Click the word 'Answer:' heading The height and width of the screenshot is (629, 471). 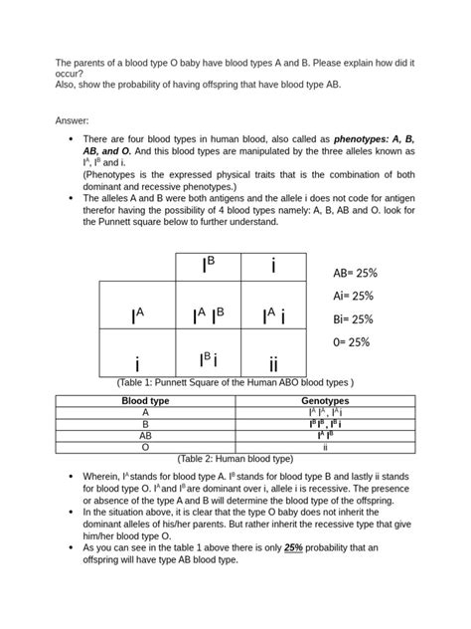[75, 119]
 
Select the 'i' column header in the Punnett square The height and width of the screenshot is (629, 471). [273, 266]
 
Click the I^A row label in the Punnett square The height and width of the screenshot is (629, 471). [137, 315]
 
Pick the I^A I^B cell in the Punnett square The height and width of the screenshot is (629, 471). [211, 315]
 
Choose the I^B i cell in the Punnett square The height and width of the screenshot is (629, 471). [211, 359]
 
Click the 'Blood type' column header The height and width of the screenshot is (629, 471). [145, 400]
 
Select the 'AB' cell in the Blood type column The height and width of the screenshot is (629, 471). [145, 435]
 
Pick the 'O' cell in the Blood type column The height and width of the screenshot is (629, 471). [145, 447]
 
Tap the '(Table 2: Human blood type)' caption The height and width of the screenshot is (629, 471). [235, 459]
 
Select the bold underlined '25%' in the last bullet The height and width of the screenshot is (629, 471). [294, 547]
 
